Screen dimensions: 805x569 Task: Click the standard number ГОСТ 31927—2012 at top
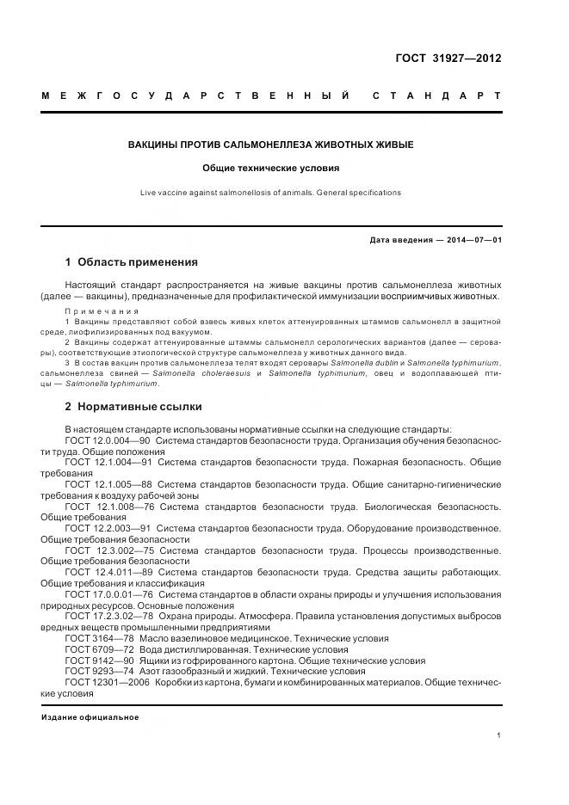448,59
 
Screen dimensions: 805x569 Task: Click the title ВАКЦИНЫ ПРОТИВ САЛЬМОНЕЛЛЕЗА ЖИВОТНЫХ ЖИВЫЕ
271,144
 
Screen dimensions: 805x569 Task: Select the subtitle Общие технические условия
271,169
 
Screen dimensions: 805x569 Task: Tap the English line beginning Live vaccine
271,193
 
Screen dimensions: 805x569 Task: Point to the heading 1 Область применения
131,262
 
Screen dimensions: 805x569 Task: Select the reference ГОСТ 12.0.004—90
108,439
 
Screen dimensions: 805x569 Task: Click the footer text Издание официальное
90,717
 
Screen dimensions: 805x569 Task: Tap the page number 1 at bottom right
498,735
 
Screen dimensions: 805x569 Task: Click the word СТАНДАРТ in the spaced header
436,95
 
